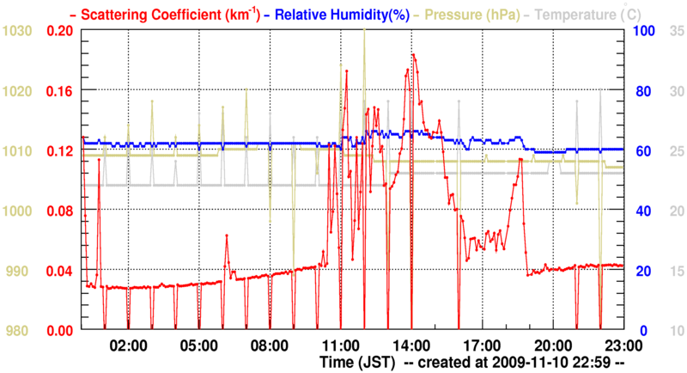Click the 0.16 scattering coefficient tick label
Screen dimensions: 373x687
(61, 90)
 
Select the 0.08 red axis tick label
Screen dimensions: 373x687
(61, 211)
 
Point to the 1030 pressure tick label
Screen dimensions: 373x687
(17, 31)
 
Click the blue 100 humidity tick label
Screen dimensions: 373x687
(644, 31)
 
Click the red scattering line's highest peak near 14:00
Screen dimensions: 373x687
(413, 54)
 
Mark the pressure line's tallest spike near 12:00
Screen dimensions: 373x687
(364, 29)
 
